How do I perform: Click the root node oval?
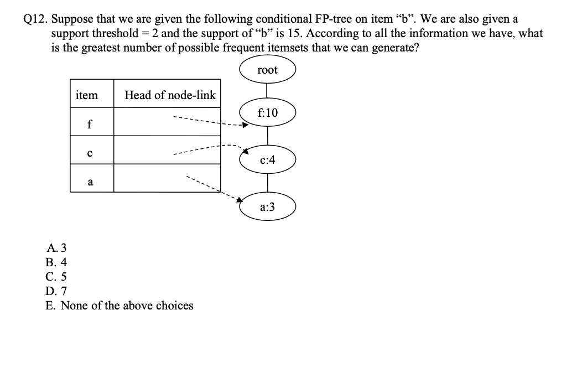[x=268, y=70]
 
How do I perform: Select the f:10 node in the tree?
[x=268, y=113]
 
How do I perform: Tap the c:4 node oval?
[x=268, y=160]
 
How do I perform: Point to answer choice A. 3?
[x=56, y=248]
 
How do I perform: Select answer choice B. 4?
[x=56, y=262]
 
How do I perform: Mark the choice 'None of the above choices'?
[x=120, y=306]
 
